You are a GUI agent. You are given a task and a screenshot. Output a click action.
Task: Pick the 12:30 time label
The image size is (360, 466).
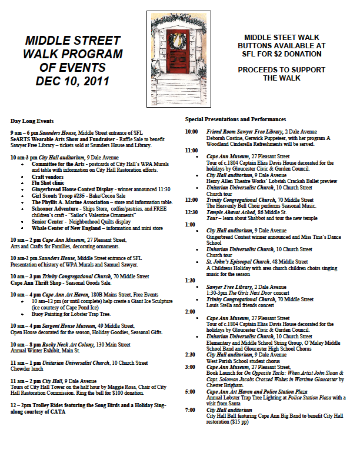[192, 212]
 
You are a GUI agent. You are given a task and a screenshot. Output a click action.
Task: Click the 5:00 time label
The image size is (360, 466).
[190, 391]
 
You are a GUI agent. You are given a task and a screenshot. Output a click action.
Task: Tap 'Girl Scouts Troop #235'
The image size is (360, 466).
[60, 195]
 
